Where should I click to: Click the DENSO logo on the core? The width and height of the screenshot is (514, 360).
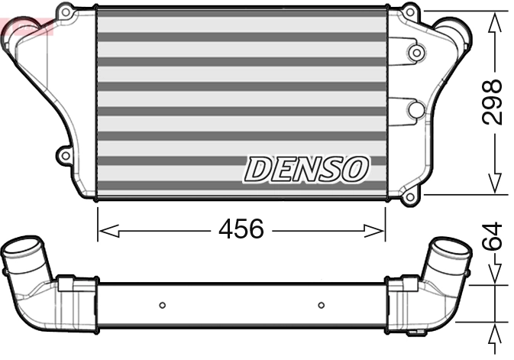pos(306,169)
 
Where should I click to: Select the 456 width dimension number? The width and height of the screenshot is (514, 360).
pos(241,228)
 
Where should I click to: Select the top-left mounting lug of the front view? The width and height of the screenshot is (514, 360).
pos(67,11)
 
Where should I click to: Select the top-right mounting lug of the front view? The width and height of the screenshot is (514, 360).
pos(412,11)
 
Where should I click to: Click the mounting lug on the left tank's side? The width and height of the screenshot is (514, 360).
pos(62,156)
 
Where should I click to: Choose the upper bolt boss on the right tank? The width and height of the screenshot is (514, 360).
pos(415,53)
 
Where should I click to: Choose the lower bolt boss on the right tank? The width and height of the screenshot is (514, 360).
pos(415,109)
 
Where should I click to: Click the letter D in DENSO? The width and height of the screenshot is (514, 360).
pos(258,170)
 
